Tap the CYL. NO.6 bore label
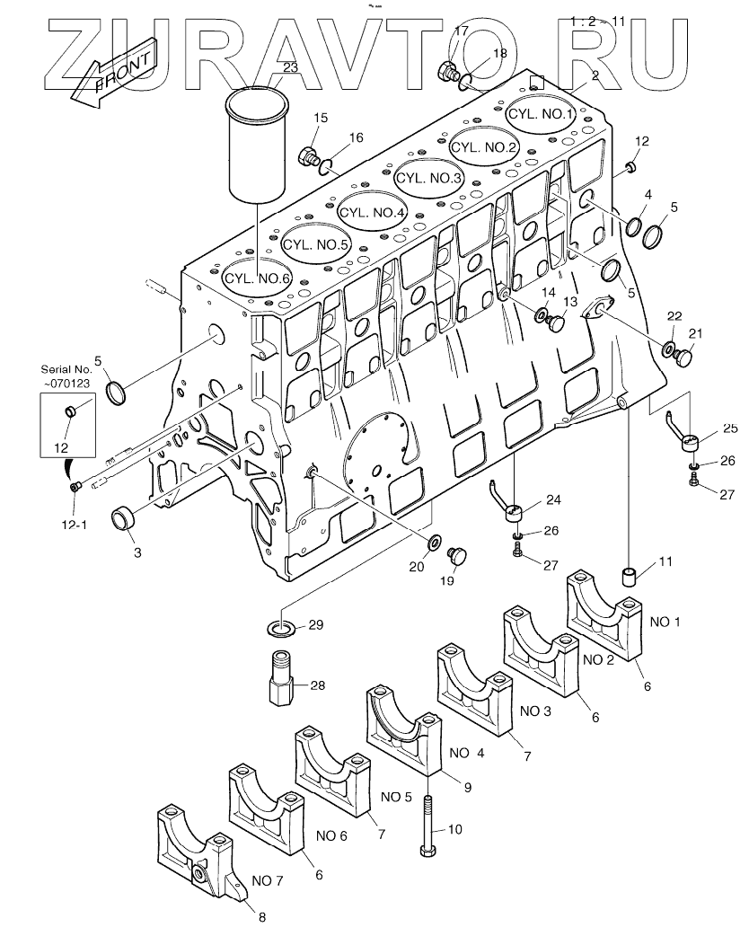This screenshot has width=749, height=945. pyautogui.click(x=258, y=278)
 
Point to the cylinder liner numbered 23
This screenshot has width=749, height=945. pyautogui.click(x=257, y=144)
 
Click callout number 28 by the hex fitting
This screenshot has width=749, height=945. pyautogui.click(x=317, y=685)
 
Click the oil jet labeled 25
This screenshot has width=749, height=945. pyautogui.click(x=690, y=442)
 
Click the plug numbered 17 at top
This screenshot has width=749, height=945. pyautogui.click(x=447, y=72)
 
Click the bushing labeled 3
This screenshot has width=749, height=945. pyautogui.click(x=123, y=519)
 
